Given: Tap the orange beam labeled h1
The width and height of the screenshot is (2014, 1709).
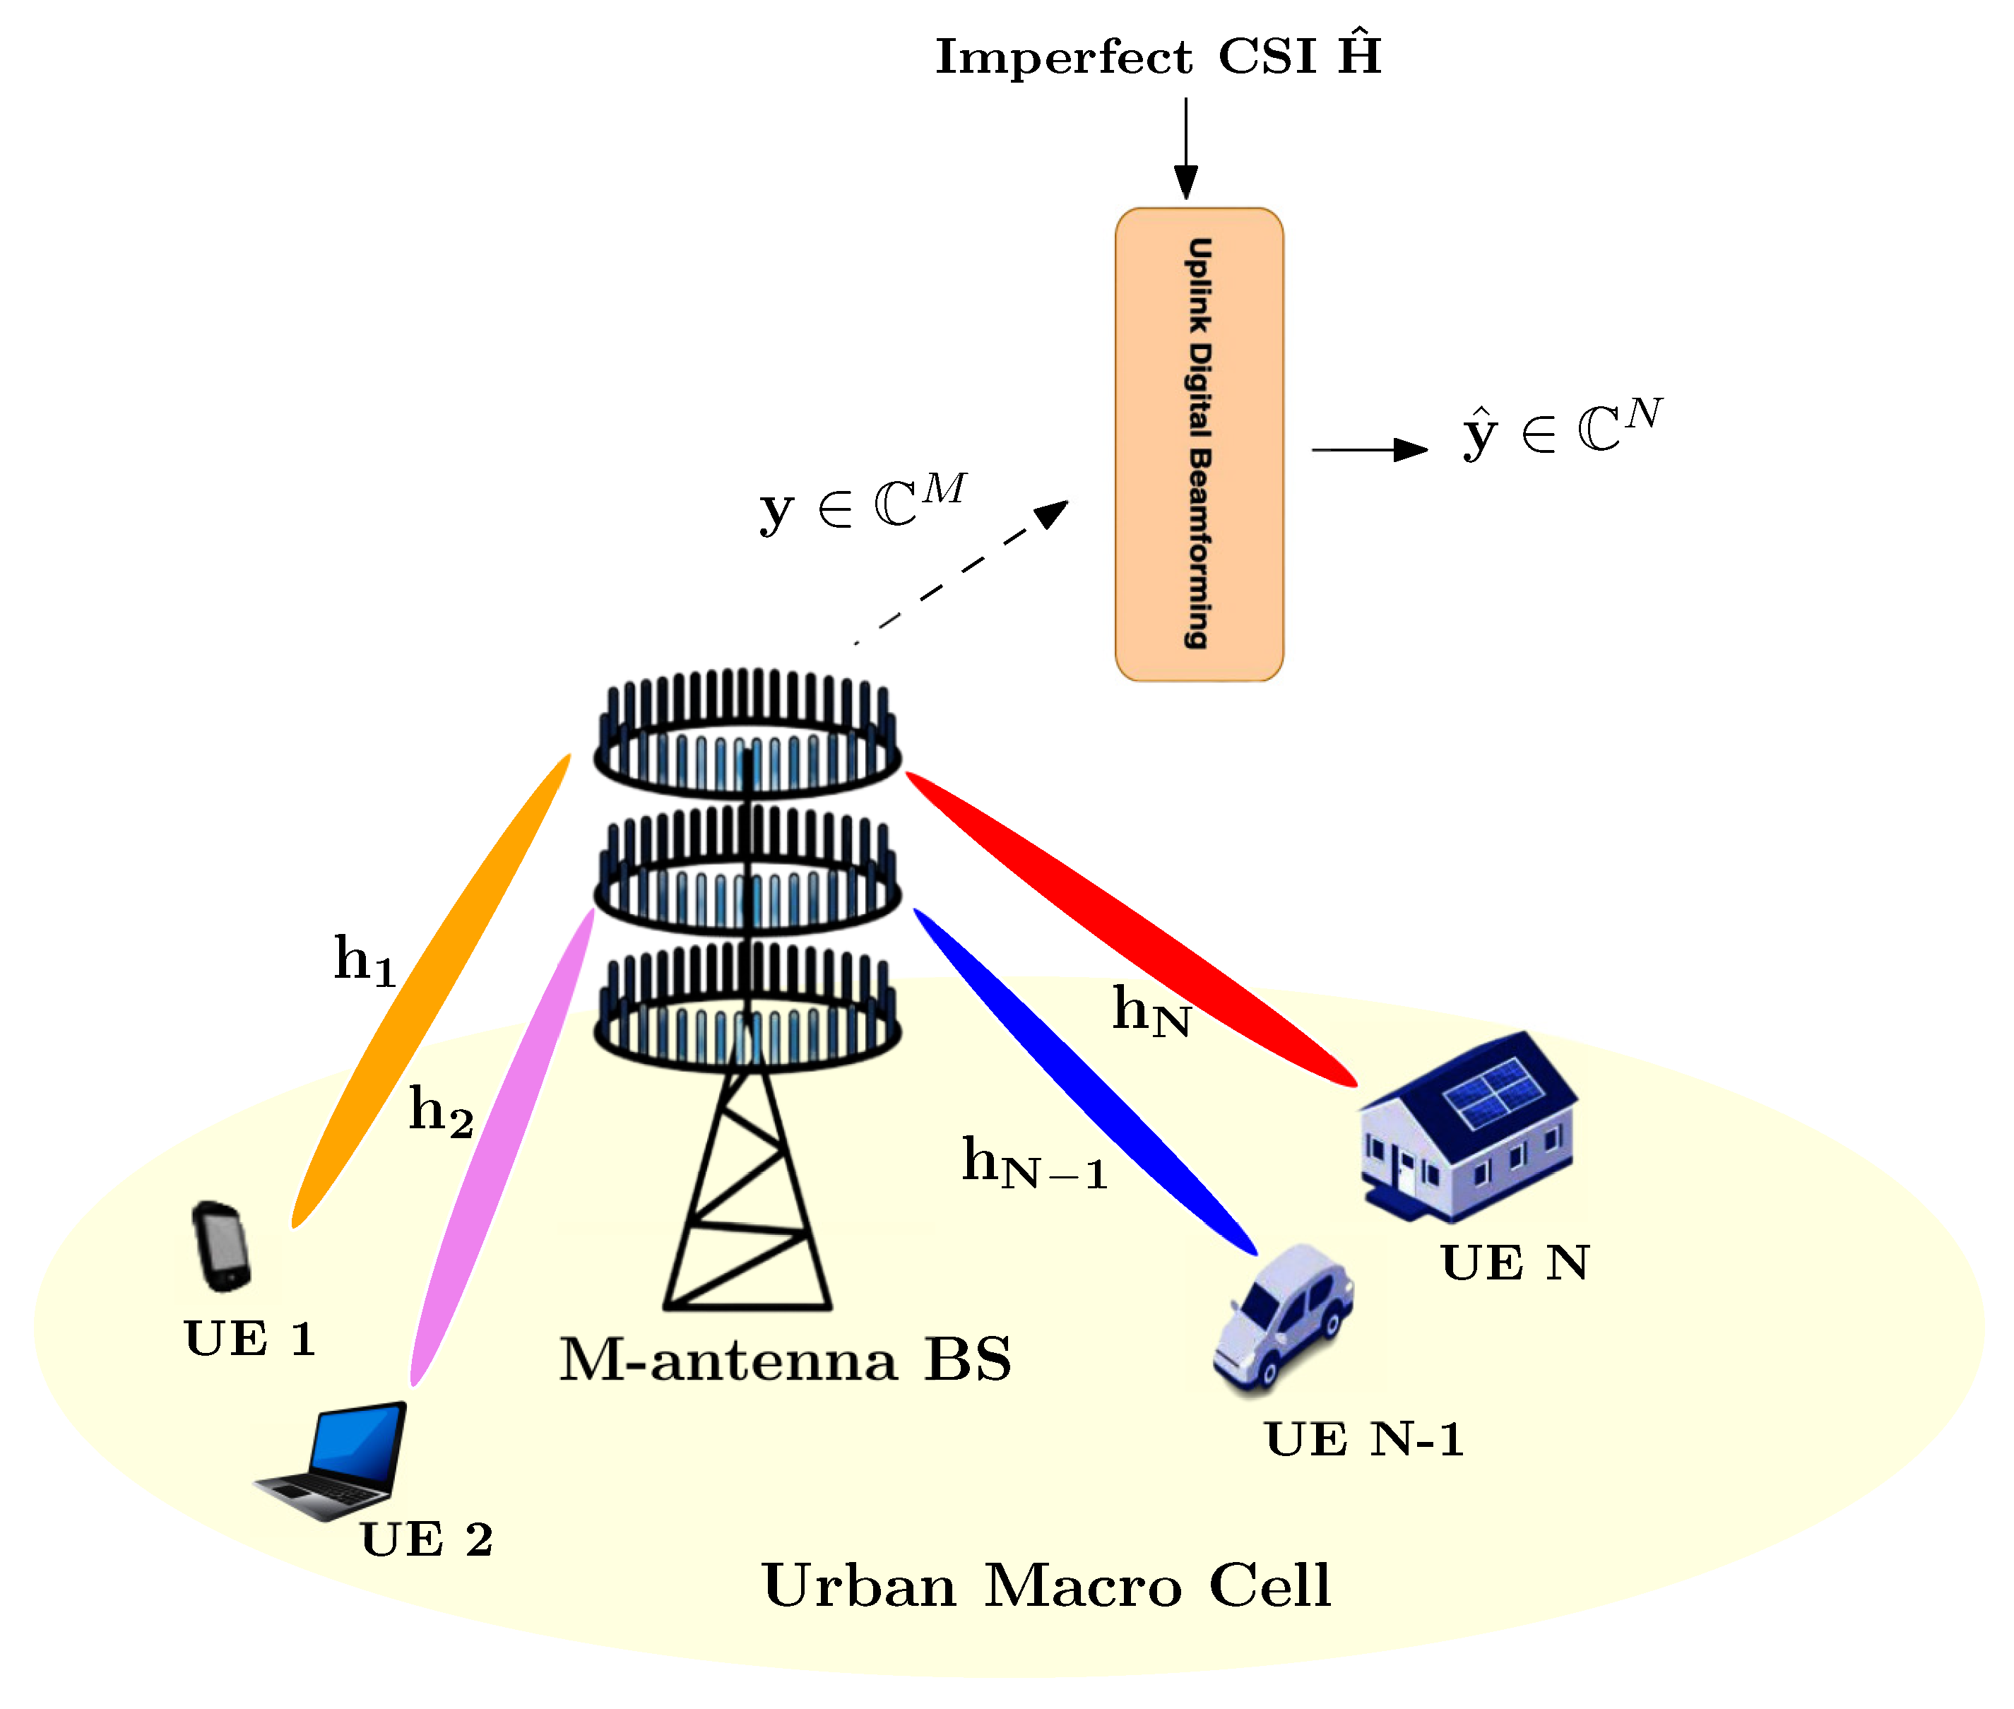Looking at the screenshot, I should click(x=431, y=988).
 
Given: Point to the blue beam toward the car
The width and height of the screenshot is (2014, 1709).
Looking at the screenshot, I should click(x=1085, y=1080).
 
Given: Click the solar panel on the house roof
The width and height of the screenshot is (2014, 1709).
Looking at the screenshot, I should click(x=1492, y=1093).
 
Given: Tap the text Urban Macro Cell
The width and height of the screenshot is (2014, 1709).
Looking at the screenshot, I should click(x=1046, y=1586).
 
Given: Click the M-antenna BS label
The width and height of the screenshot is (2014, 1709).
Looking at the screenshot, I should click(x=785, y=1360).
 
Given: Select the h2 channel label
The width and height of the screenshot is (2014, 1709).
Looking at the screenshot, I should click(x=441, y=1111).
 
